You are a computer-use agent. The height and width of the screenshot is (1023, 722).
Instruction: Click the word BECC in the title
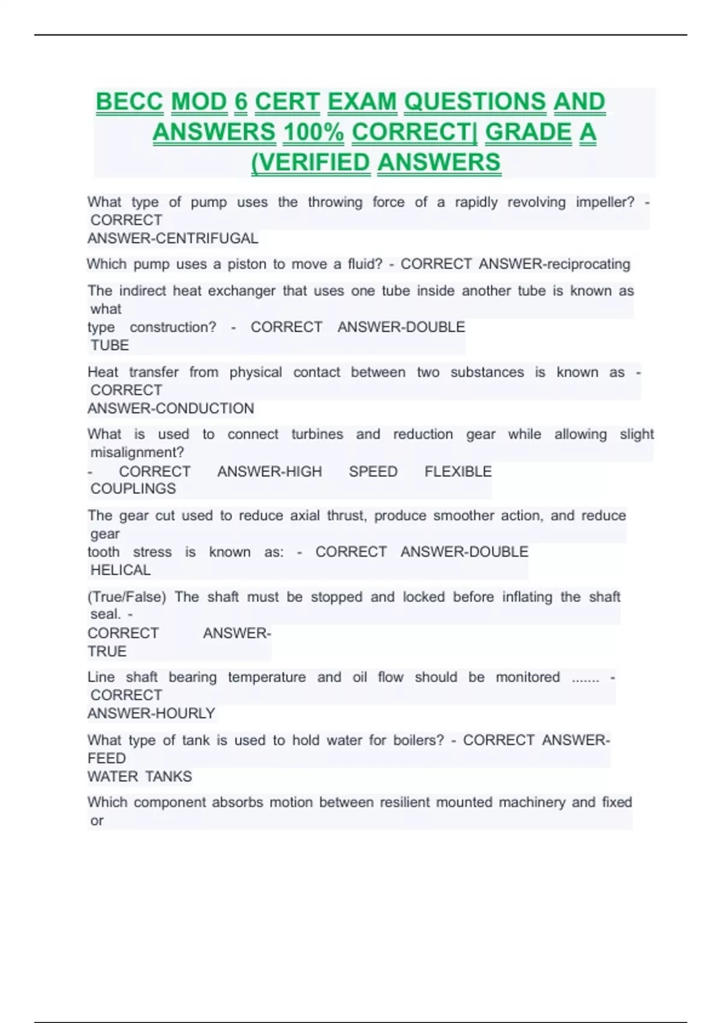(129, 102)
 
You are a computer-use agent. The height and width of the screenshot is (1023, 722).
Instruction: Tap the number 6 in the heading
(241, 102)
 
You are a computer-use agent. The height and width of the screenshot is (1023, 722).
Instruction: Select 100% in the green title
(313, 132)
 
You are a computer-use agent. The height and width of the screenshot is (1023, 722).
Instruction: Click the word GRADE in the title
(528, 132)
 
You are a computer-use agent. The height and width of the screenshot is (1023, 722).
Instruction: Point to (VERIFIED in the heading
(310, 162)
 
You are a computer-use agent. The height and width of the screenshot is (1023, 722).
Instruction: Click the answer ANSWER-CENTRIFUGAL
(173, 238)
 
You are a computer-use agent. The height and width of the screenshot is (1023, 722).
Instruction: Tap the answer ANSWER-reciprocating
(554, 264)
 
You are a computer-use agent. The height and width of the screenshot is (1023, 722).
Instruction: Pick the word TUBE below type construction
(110, 345)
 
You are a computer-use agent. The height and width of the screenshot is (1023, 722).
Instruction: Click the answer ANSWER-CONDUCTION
(171, 409)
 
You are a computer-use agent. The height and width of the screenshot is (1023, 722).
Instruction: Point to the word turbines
(317, 434)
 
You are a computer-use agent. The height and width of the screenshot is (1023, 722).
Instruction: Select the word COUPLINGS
(133, 489)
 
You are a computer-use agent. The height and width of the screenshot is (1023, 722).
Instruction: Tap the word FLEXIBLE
(458, 472)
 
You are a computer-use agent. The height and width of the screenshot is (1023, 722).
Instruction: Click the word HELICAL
(120, 570)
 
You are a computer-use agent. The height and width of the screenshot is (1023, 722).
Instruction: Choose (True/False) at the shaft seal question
(126, 597)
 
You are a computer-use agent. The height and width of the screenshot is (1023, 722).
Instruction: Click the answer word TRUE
(107, 652)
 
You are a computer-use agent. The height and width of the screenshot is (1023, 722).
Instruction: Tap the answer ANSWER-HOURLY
(151, 714)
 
